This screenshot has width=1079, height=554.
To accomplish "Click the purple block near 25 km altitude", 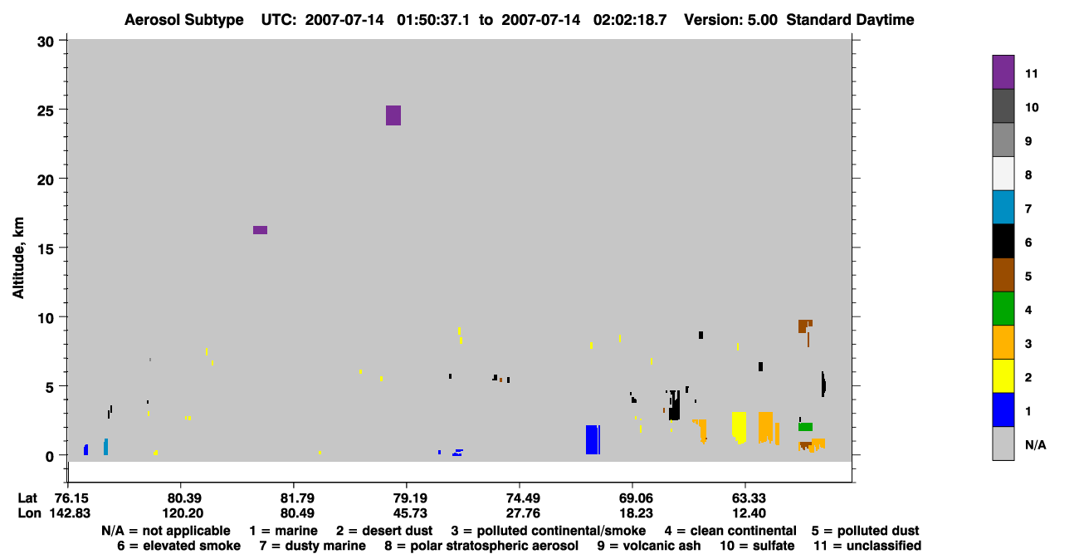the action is [393, 115].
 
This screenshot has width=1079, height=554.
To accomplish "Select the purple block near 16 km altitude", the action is [260, 230].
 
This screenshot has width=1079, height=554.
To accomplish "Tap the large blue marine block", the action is [593, 439].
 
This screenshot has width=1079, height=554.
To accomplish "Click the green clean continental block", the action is [805, 427].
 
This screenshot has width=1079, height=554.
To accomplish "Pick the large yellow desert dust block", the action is [739, 427].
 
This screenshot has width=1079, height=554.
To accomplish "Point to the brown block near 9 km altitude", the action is [804, 326].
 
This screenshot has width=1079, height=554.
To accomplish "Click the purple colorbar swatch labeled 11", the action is [1003, 72].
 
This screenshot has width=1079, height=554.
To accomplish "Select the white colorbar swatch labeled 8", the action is [1003, 174].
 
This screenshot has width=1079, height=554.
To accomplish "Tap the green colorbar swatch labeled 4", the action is [1003, 309].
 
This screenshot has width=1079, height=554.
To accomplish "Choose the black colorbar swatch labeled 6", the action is [1003, 241].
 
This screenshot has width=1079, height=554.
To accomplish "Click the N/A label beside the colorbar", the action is [1035, 445].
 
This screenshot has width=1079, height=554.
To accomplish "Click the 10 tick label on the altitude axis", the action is [46, 318].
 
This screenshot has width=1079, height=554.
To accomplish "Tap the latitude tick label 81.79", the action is [297, 498].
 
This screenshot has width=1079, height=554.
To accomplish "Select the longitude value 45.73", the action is [410, 513].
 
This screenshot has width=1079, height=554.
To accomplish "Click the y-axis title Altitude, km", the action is [18, 258].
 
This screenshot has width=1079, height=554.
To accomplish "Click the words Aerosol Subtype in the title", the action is [184, 20].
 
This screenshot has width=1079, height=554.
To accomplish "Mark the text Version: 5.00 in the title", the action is [730, 20].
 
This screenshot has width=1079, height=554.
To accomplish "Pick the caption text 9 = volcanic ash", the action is [649, 546].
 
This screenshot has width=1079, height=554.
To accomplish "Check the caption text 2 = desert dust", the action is [384, 531].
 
